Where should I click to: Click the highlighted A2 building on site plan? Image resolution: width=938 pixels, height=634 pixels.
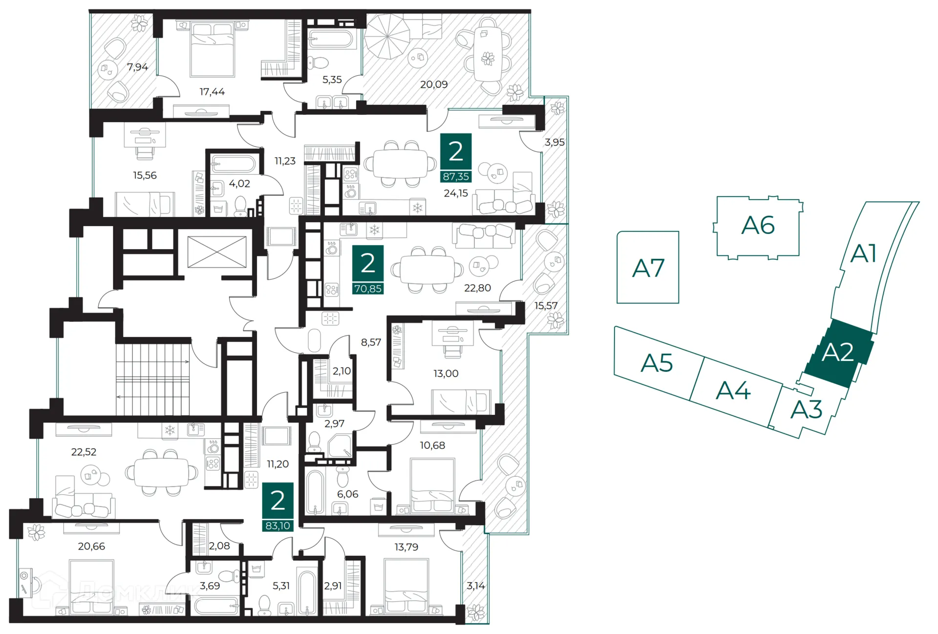tap(838, 353)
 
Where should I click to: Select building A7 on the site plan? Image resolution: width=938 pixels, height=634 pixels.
tap(648, 268)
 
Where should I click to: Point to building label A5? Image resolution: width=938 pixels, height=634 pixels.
tap(657, 363)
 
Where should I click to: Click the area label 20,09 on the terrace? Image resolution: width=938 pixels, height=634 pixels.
tap(434, 85)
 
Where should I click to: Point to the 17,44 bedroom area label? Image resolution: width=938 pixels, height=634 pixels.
tap(212, 92)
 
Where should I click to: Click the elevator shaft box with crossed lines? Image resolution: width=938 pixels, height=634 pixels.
tap(217, 252)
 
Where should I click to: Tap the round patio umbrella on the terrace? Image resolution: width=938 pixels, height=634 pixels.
tap(387, 36)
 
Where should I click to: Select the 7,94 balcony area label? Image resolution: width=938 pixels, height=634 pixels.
tap(137, 67)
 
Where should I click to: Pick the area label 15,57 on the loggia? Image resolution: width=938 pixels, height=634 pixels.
tap(546, 306)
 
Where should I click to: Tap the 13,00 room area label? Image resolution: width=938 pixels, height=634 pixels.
tap(446, 374)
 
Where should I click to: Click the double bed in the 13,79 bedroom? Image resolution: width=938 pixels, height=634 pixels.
tap(406, 586)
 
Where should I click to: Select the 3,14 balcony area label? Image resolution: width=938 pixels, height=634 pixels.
tap(475, 586)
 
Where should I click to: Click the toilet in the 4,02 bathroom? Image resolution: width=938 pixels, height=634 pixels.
tap(240, 206)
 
